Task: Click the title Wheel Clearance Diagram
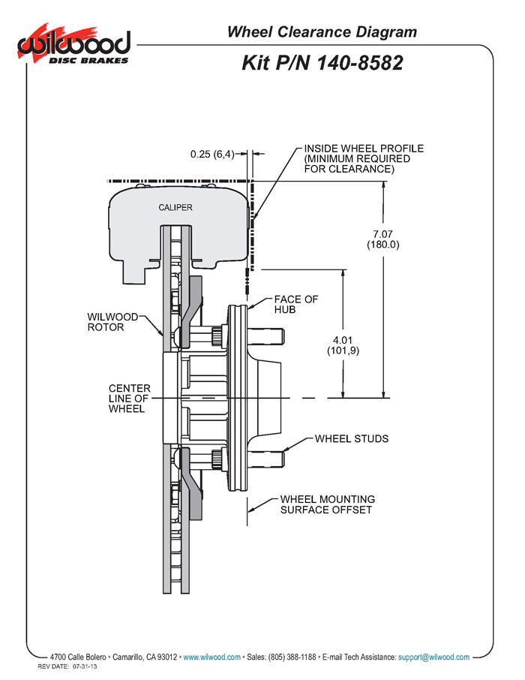(322, 32)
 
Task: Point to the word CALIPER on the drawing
(175, 207)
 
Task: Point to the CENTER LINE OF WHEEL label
(129, 398)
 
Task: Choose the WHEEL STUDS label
(352, 438)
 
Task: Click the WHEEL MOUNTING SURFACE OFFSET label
(328, 504)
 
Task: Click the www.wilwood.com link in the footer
(212, 657)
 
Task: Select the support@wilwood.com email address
(433, 657)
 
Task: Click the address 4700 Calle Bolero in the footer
(78, 657)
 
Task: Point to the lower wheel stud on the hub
(274, 456)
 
